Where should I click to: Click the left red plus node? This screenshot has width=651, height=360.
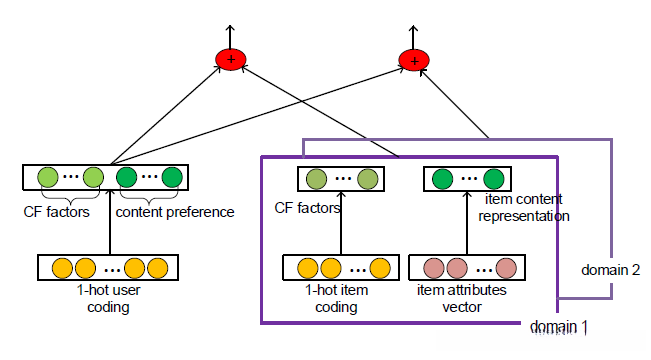pos(231,61)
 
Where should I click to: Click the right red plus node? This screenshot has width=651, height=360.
pos(411,61)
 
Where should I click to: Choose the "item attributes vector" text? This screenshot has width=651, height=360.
pos(462,299)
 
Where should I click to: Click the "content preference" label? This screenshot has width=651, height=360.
pos(175,212)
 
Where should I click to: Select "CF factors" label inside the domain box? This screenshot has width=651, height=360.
pos(308,209)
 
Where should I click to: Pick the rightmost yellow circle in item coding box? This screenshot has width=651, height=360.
pos(379,268)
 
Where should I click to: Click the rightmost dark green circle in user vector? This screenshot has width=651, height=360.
pos(172,180)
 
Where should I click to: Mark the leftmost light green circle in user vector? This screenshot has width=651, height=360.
pos(46,180)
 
